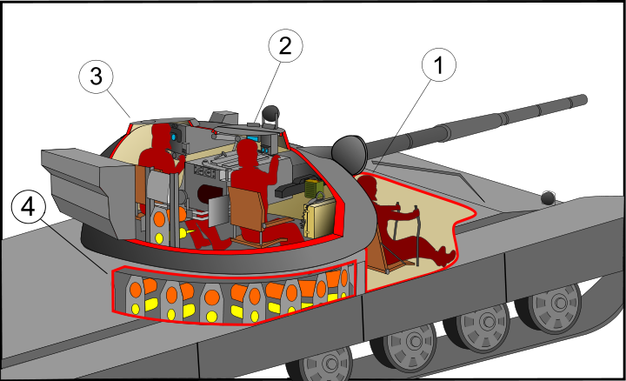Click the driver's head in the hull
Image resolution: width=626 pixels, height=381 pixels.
(369, 185)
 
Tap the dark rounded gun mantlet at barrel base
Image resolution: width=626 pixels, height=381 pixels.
(350, 153)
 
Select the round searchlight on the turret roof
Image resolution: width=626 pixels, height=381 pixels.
(272, 112)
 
